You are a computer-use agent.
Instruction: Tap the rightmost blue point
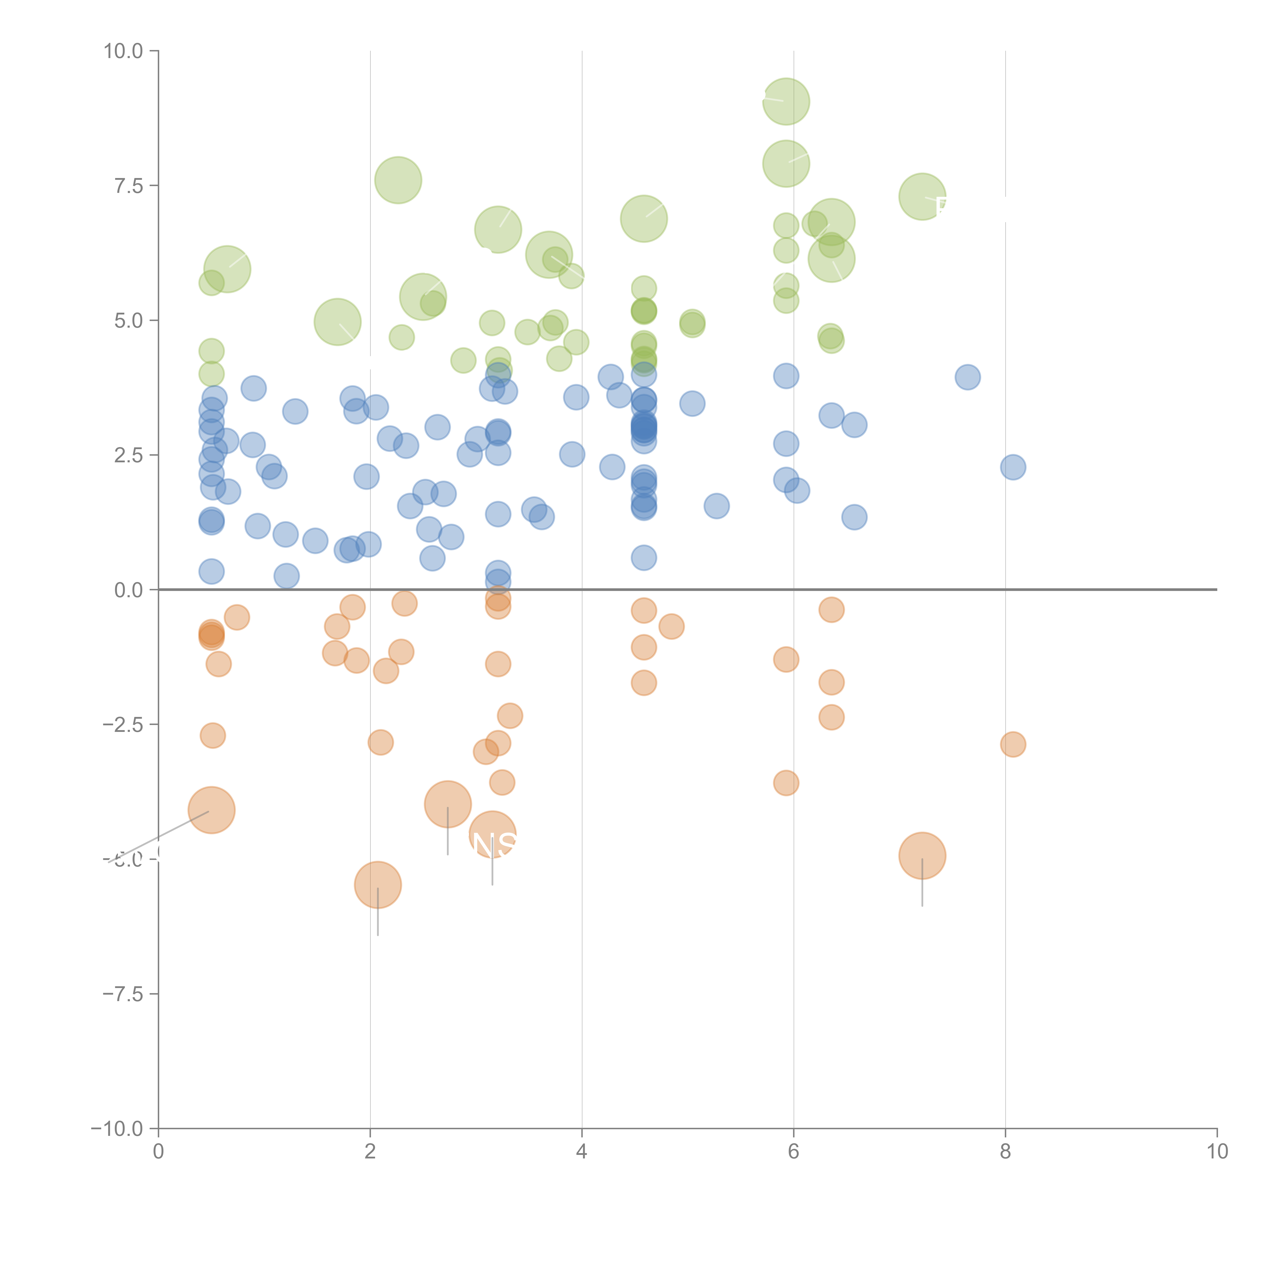pos(1013,467)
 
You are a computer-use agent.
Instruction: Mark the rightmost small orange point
pos(1013,744)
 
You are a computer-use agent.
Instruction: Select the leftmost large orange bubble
pos(211,810)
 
